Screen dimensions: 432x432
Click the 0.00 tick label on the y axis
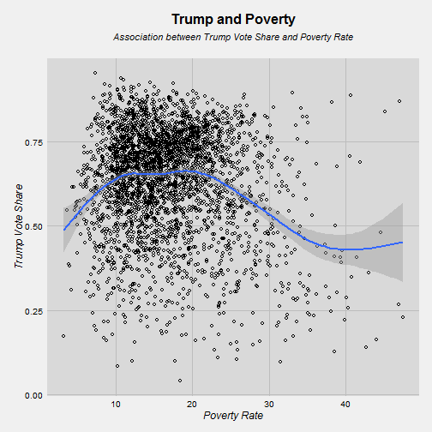click(x=33, y=396)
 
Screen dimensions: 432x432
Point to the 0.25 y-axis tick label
click(x=33, y=311)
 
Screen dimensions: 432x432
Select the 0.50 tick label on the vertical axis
click(x=33, y=226)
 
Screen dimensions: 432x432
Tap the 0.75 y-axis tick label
click(x=33, y=142)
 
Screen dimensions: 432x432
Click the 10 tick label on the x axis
click(x=116, y=405)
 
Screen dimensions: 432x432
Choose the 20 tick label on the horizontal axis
click(x=192, y=405)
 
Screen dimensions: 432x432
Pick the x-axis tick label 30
click(x=269, y=405)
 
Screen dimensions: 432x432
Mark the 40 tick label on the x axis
click(x=345, y=405)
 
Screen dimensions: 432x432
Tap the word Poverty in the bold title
click(x=270, y=20)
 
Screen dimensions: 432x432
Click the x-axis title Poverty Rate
click(x=233, y=416)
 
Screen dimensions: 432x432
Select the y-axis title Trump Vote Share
click(x=19, y=226)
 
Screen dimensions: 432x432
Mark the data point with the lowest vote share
click(x=180, y=381)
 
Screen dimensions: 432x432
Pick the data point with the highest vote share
click(x=95, y=73)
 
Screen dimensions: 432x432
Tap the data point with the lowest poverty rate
click(x=63, y=336)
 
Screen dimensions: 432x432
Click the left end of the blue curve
click(x=64, y=230)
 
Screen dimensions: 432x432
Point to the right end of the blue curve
click(x=402, y=243)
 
